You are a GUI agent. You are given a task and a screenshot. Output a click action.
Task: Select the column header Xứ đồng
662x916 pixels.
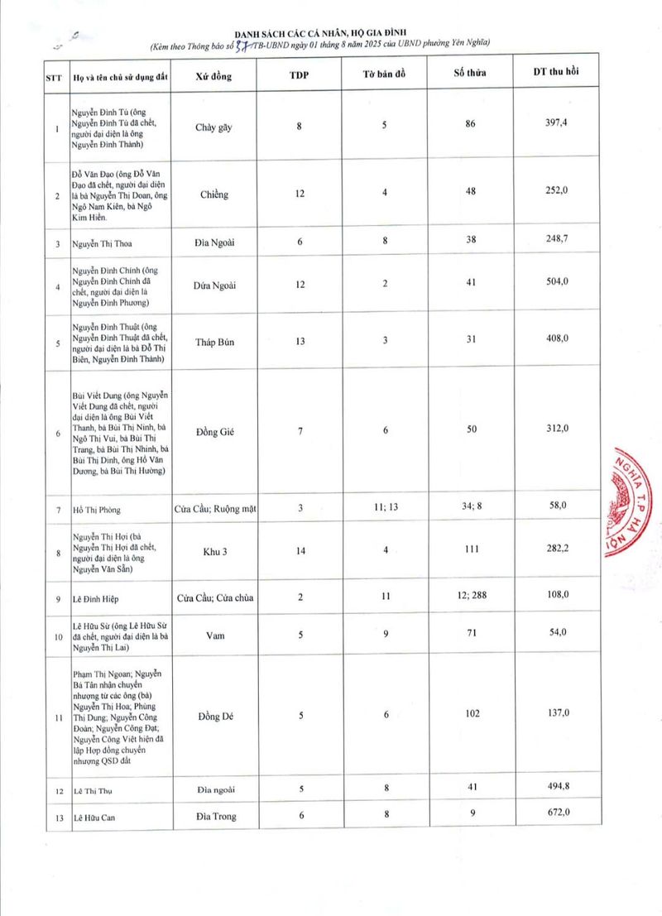[x=213, y=76]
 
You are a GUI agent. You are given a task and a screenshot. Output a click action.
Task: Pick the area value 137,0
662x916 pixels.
[x=555, y=712]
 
